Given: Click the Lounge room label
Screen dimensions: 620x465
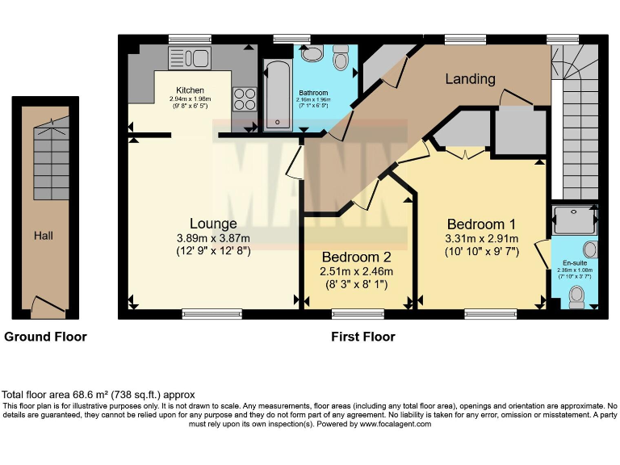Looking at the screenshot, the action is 213,224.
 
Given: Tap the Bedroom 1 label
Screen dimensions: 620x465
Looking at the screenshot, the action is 481,224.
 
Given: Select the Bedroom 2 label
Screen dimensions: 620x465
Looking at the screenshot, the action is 356,257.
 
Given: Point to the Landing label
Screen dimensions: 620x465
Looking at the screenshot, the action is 470,78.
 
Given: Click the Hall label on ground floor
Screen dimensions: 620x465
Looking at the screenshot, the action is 44,236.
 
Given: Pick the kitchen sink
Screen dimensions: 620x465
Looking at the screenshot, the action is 190,58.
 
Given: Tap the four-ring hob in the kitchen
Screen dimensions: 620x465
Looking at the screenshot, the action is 245,98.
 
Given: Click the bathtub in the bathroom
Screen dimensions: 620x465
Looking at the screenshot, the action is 278,95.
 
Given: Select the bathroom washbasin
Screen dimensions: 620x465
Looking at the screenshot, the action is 312,52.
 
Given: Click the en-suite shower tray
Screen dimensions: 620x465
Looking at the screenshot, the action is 575,220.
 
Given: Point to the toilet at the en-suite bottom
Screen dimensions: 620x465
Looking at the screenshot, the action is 577,298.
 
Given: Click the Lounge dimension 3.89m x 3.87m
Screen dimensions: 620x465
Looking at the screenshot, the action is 213,238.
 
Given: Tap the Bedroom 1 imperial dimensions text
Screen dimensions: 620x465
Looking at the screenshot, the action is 482,252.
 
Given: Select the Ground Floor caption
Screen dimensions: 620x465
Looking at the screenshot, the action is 45,337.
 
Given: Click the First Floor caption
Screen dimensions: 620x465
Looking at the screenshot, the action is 363,337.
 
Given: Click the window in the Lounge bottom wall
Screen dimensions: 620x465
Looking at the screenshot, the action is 212,314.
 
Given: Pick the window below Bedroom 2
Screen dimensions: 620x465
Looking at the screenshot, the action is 358,314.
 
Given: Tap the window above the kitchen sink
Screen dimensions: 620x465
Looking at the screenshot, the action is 190,39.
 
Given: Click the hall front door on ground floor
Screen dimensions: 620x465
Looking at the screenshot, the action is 48,306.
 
